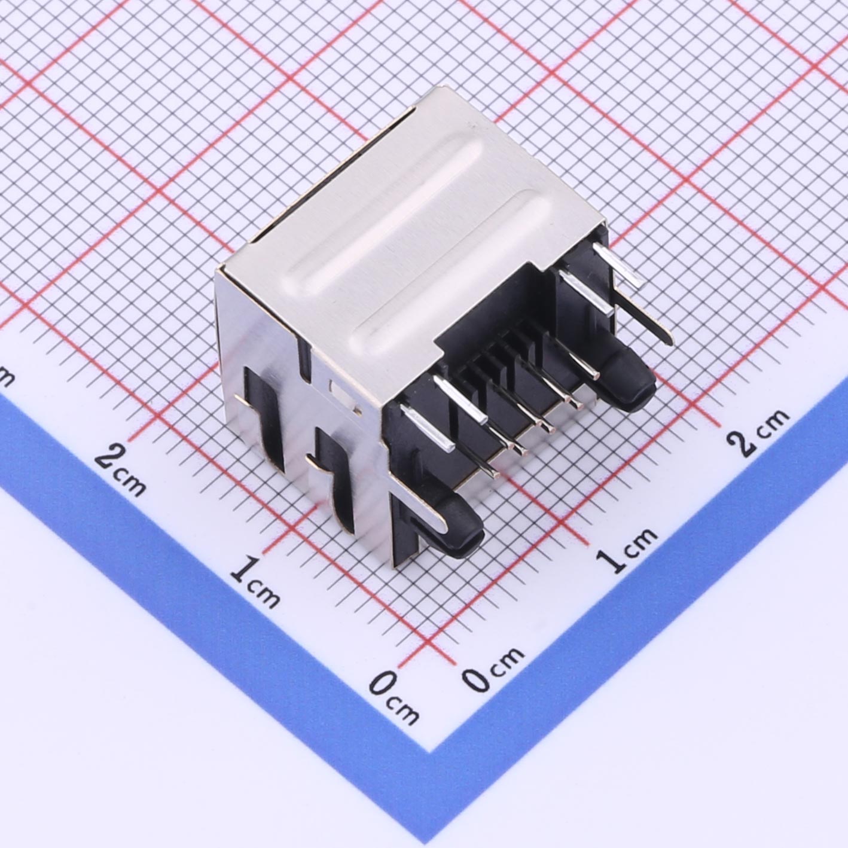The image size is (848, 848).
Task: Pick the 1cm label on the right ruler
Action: (627, 550)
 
